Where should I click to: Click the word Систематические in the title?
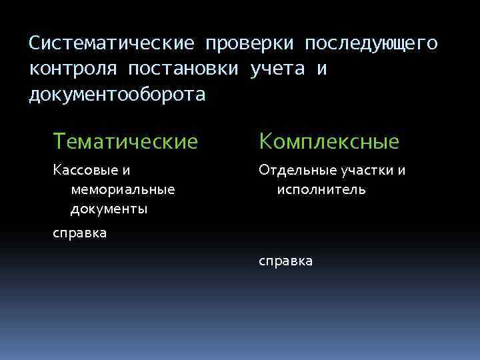pyautogui.click(x=111, y=43)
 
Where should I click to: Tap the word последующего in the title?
pyautogui.click(x=371, y=43)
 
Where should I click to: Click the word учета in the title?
pyautogui.click(x=277, y=69)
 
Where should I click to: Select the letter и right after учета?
pyautogui.click(x=321, y=69)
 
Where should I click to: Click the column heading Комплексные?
pyautogui.click(x=329, y=141)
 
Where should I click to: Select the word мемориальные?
pyautogui.click(x=122, y=190)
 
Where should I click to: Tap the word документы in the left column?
pyautogui.click(x=109, y=209)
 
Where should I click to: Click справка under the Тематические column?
pyautogui.click(x=79, y=233)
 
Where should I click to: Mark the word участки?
pyautogui.click(x=367, y=171)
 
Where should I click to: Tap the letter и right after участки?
pyautogui.click(x=402, y=171)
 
